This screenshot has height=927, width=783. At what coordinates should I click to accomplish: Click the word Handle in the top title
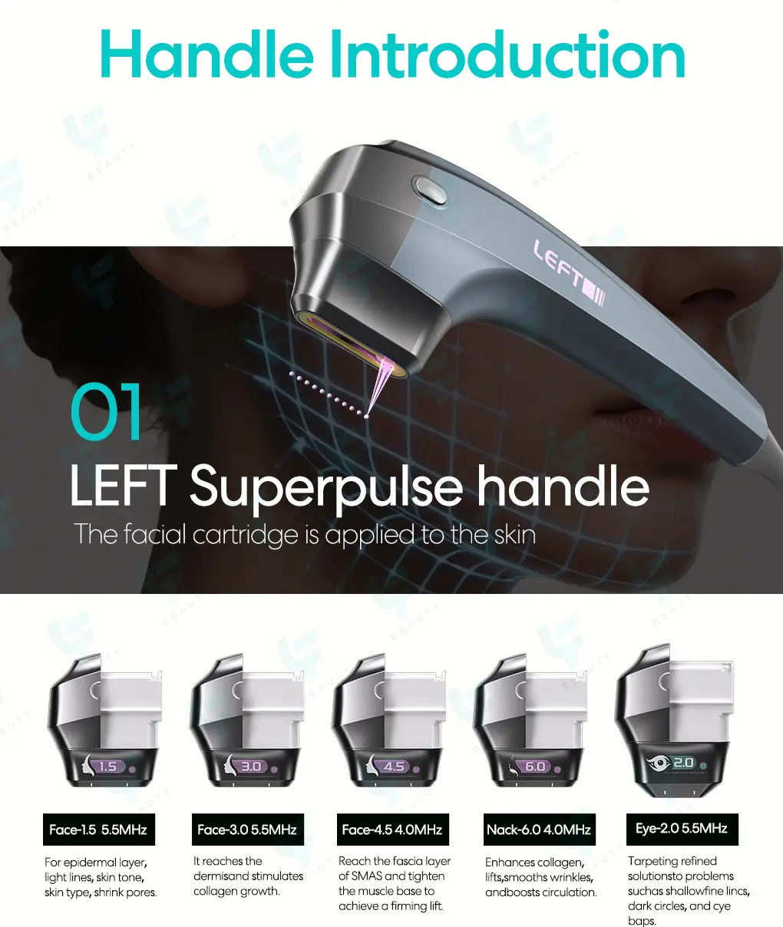click(207, 54)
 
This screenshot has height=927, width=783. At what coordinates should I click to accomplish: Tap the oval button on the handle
click(429, 190)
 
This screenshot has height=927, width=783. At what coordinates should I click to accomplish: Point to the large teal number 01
click(106, 411)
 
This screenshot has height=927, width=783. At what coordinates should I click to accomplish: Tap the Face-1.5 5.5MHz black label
click(98, 830)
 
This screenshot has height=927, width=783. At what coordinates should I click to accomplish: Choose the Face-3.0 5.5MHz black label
click(247, 830)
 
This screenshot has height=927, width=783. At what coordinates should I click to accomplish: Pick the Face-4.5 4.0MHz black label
click(392, 830)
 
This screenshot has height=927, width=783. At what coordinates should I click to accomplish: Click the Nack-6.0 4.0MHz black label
click(539, 830)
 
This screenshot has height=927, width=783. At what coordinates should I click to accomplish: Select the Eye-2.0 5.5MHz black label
click(682, 829)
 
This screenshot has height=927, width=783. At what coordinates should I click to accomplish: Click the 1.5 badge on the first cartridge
click(107, 767)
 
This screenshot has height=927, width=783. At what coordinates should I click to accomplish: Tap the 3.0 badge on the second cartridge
click(251, 767)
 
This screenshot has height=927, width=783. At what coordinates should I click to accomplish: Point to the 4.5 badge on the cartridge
click(394, 767)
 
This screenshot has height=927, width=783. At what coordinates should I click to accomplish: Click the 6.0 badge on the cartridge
click(535, 767)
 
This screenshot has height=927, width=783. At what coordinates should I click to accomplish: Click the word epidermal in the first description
click(95, 863)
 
